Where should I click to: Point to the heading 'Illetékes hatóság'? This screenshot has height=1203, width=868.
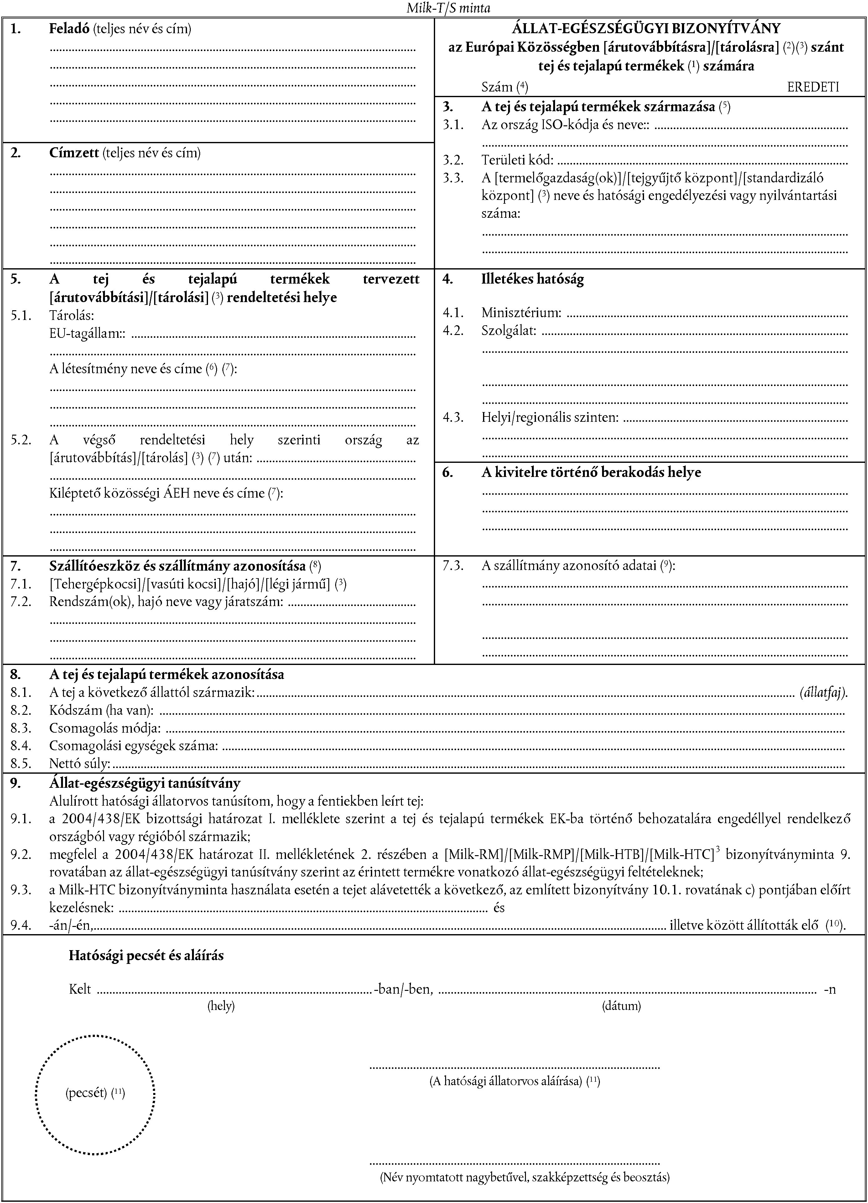click(x=533, y=279)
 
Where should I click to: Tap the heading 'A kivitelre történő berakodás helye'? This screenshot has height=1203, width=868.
click(x=591, y=472)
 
